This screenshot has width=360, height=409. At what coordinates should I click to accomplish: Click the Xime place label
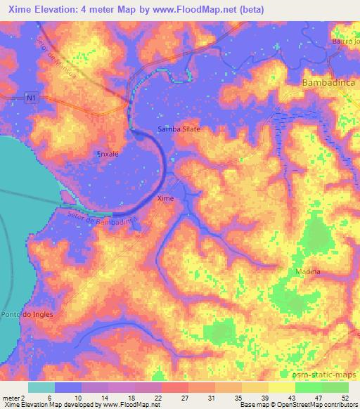pyautogui.click(x=165, y=199)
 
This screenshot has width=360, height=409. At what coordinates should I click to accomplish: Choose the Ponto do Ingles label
pyautogui.click(x=27, y=314)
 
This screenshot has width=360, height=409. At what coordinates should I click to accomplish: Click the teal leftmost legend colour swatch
pyautogui.click(x=41, y=387)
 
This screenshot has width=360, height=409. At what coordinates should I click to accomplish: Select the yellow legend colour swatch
pyautogui.click(x=282, y=387)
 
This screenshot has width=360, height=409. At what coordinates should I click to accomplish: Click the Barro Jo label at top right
pyautogui.click(x=345, y=41)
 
